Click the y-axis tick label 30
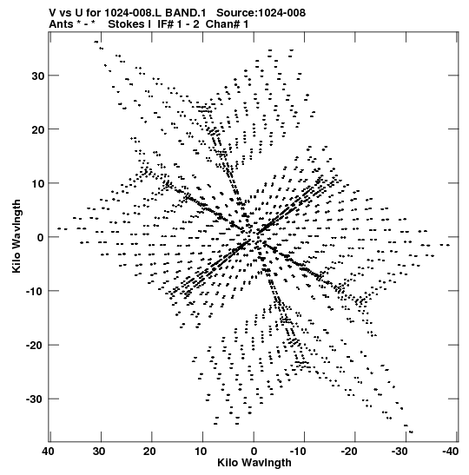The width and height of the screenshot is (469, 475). click(x=38, y=76)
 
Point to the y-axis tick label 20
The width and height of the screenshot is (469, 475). click(x=38, y=129)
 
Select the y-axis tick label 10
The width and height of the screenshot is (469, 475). click(x=38, y=183)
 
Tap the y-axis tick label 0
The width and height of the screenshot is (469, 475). click(x=41, y=238)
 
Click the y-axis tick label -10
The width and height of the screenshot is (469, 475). click(x=36, y=292)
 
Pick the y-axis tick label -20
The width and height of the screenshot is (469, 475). click(x=36, y=346)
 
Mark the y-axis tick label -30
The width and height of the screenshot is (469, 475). click(x=36, y=399)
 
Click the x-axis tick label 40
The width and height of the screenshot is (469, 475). click(x=48, y=452)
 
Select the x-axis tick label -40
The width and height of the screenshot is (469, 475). click(x=450, y=452)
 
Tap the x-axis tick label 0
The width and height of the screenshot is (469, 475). click(x=254, y=452)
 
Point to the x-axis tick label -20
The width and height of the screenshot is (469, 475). click(x=349, y=452)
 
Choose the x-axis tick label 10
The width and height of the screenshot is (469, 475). click(x=201, y=452)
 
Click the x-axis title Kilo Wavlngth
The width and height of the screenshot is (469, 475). click(x=254, y=463)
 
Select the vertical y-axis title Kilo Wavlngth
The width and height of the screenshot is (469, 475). click(x=17, y=236)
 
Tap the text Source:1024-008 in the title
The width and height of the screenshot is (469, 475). click(x=261, y=13)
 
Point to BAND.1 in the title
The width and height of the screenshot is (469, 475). click(x=185, y=13)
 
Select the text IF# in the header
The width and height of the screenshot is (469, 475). click(x=165, y=24)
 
